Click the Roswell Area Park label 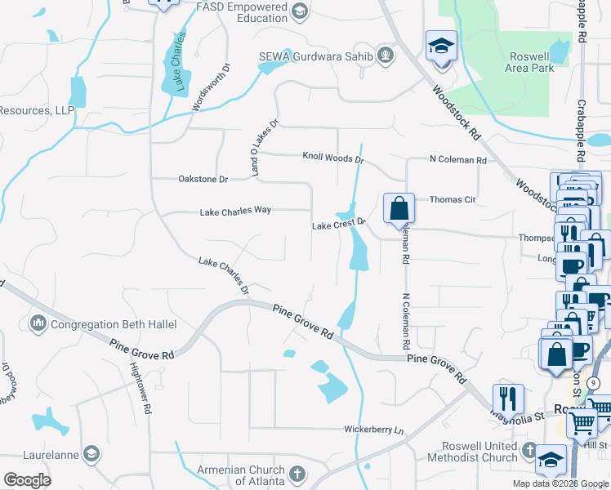[x=529, y=62]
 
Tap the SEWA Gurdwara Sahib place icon [x=386, y=56]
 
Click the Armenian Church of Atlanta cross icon [x=297, y=474]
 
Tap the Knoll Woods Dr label [x=332, y=156]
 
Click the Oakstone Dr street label [x=203, y=178]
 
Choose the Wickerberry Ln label [x=373, y=429]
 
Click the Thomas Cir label [x=452, y=199]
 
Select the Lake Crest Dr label [x=337, y=225]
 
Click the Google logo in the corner [x=27, y=480]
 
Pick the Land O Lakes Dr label [x=265, y=148]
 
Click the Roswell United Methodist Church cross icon [x=528, y=450]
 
